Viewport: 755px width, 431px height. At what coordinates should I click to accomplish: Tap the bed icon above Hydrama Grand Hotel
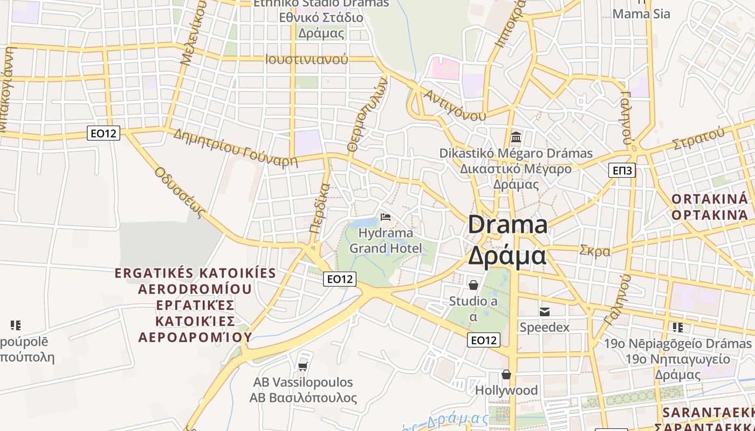[x=386, y=217]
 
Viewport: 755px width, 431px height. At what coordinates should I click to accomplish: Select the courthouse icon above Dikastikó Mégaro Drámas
[x=516, y=137]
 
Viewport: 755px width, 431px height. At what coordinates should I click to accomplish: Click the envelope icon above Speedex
[x=545, y=311]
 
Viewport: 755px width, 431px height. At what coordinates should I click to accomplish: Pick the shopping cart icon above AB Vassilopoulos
[x=303, y=366]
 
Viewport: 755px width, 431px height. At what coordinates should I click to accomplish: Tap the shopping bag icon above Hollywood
[x=506, y=374]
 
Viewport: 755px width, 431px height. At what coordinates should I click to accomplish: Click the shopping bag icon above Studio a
[x=473, y=284]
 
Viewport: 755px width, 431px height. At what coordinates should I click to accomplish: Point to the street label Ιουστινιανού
[x=306, y=59]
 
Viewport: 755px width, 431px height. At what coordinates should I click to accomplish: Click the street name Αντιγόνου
[x=454, y=105]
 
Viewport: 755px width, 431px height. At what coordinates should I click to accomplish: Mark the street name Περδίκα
[x=320, y=208]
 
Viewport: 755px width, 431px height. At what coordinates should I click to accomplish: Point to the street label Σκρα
[x=595, y=251]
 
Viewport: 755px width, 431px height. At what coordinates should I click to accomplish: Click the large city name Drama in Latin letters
[x=507, y=224]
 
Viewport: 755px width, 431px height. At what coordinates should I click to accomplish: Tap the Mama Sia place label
[x=641, y=14]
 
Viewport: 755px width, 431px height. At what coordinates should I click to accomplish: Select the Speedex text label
[x=544, y=327]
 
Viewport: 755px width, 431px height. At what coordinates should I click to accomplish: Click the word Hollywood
[x=506, y=390]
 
